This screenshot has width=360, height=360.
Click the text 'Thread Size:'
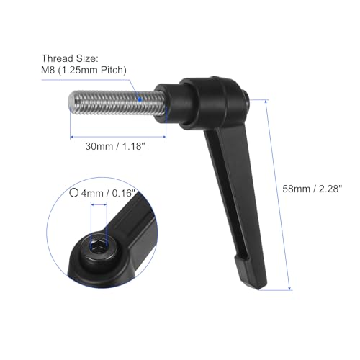[x=88, y=57]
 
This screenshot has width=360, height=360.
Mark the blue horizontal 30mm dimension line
[x=119, y=135]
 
